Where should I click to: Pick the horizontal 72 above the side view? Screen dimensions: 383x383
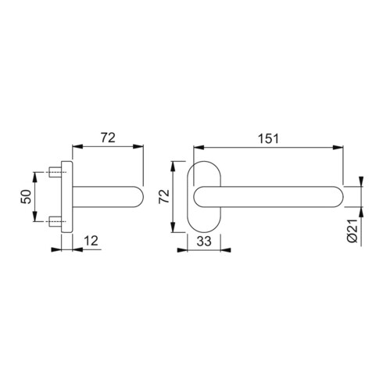pyautogui.click(x=107, y=138)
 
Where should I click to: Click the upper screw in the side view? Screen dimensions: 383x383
pyautogui.click(x=56, y=172)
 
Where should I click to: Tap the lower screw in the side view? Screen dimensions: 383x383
pyautogui.click(x=56, y=221)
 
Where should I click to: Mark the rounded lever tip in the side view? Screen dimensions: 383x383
pyautogui.click(x=140, y=196)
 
